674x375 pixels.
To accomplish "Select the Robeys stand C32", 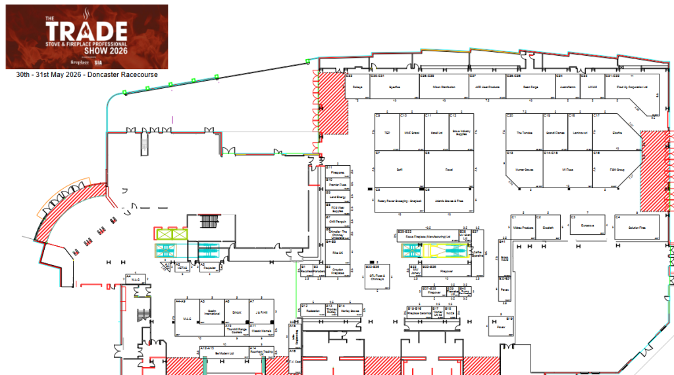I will pyautogui.click(x=357, y=86).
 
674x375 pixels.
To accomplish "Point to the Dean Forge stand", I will pyautogui.click(x=531, y=86).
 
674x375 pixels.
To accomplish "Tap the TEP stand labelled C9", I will pyautogui.click(x=387, y=132).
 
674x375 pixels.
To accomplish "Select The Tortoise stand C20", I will pyautogui.click(x=524, y=132).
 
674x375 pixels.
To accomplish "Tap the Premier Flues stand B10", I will pyautogui.click(x=338, y=184).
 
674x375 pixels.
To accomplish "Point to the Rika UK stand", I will pyautogui.click(x=338, y=252).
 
